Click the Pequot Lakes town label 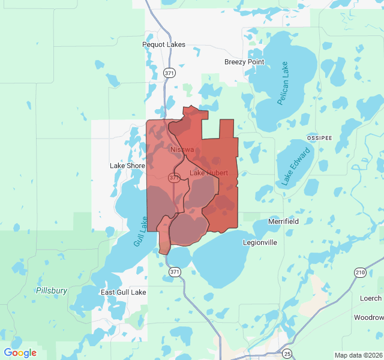pos(164,44)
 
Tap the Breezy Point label pos(244,62)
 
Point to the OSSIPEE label pos(319,137)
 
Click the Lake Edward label pos(295,167)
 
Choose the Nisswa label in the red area pos(182,149)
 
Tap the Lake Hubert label pos(208,173)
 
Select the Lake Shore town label pos(127,166)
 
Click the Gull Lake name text pos(139,231)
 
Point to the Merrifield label pos(283,221)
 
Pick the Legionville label pos(260,243)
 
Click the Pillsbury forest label pos(52,290)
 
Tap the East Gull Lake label pos(123,292)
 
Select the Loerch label pos(370,298)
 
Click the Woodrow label pos(368,317)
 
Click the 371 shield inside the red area pos(174,178)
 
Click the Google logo pos(20,353)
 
